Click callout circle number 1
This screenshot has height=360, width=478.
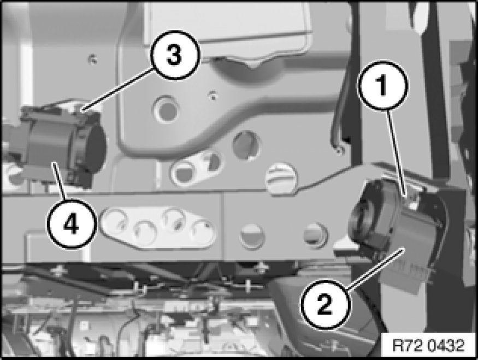pyautogui.click(x=382, y=85)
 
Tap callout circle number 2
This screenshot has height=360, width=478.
pyautogui.click(x=325, y=304)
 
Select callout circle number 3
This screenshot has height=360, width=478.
pyautogui.click(x=174, y=55)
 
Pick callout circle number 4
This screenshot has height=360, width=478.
pyautogui.click(x=72, y=224)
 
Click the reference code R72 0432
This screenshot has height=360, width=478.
pyautogui.click(x=429, y=346)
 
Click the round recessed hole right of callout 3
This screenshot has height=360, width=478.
pyautogui.click(x=167, y=109)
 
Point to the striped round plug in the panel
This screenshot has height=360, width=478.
pyautogui.click(x=280, y=178)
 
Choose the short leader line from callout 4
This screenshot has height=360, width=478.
pyautogui.click(x=59, y=181)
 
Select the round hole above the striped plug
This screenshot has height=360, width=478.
pyautogui.click(x=247, y=144)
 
